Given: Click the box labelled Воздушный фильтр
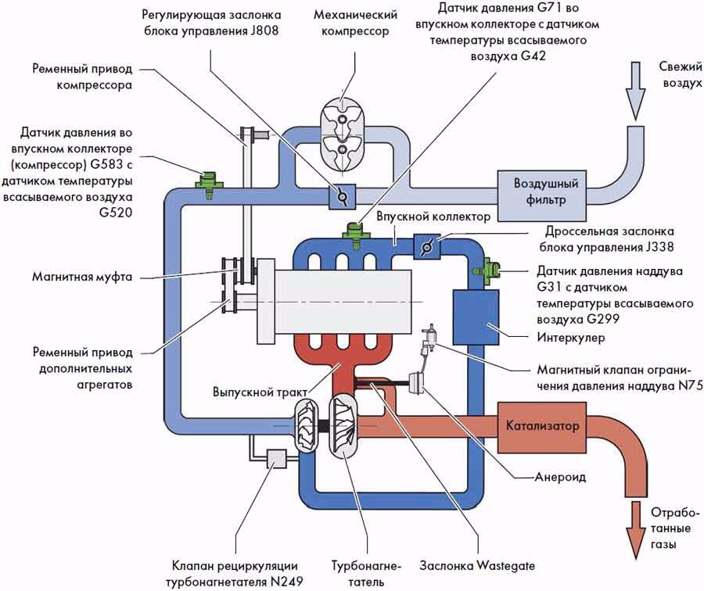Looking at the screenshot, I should [x=545, y=192].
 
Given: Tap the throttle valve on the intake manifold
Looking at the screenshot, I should [x=426, y=247].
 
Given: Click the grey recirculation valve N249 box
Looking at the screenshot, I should [x=278, y=458].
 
